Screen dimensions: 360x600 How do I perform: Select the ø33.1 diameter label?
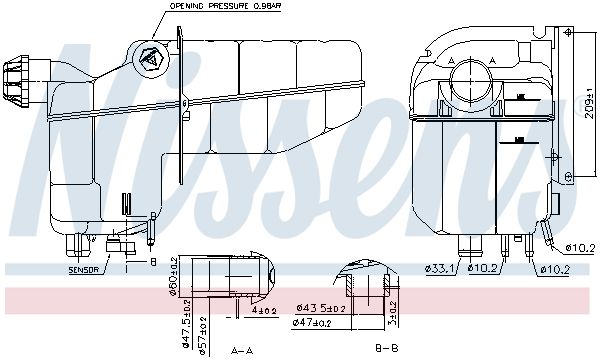point(439,268)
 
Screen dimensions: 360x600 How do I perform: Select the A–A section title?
point(240,350)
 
